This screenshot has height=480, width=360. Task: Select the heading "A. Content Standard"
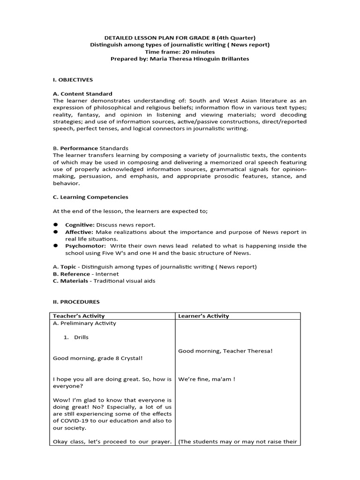tap(82, 94)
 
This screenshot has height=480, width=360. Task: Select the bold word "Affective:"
tap(79, 232)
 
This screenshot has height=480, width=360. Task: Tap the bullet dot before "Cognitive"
tap(55, 225)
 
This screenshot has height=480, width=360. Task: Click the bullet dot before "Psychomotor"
tap(55, 246)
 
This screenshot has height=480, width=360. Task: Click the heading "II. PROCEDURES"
tap(76, 302)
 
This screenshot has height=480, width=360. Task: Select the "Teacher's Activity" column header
tap(79, 316)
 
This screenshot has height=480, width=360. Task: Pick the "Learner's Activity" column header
tap(203, 316)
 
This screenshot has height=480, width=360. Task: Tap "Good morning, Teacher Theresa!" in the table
tap(225, 351)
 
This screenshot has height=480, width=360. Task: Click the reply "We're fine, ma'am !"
tap(207, 379)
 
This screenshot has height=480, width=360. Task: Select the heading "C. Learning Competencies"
tap(90, 197)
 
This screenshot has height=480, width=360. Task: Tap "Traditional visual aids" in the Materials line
tap(124, 281)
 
